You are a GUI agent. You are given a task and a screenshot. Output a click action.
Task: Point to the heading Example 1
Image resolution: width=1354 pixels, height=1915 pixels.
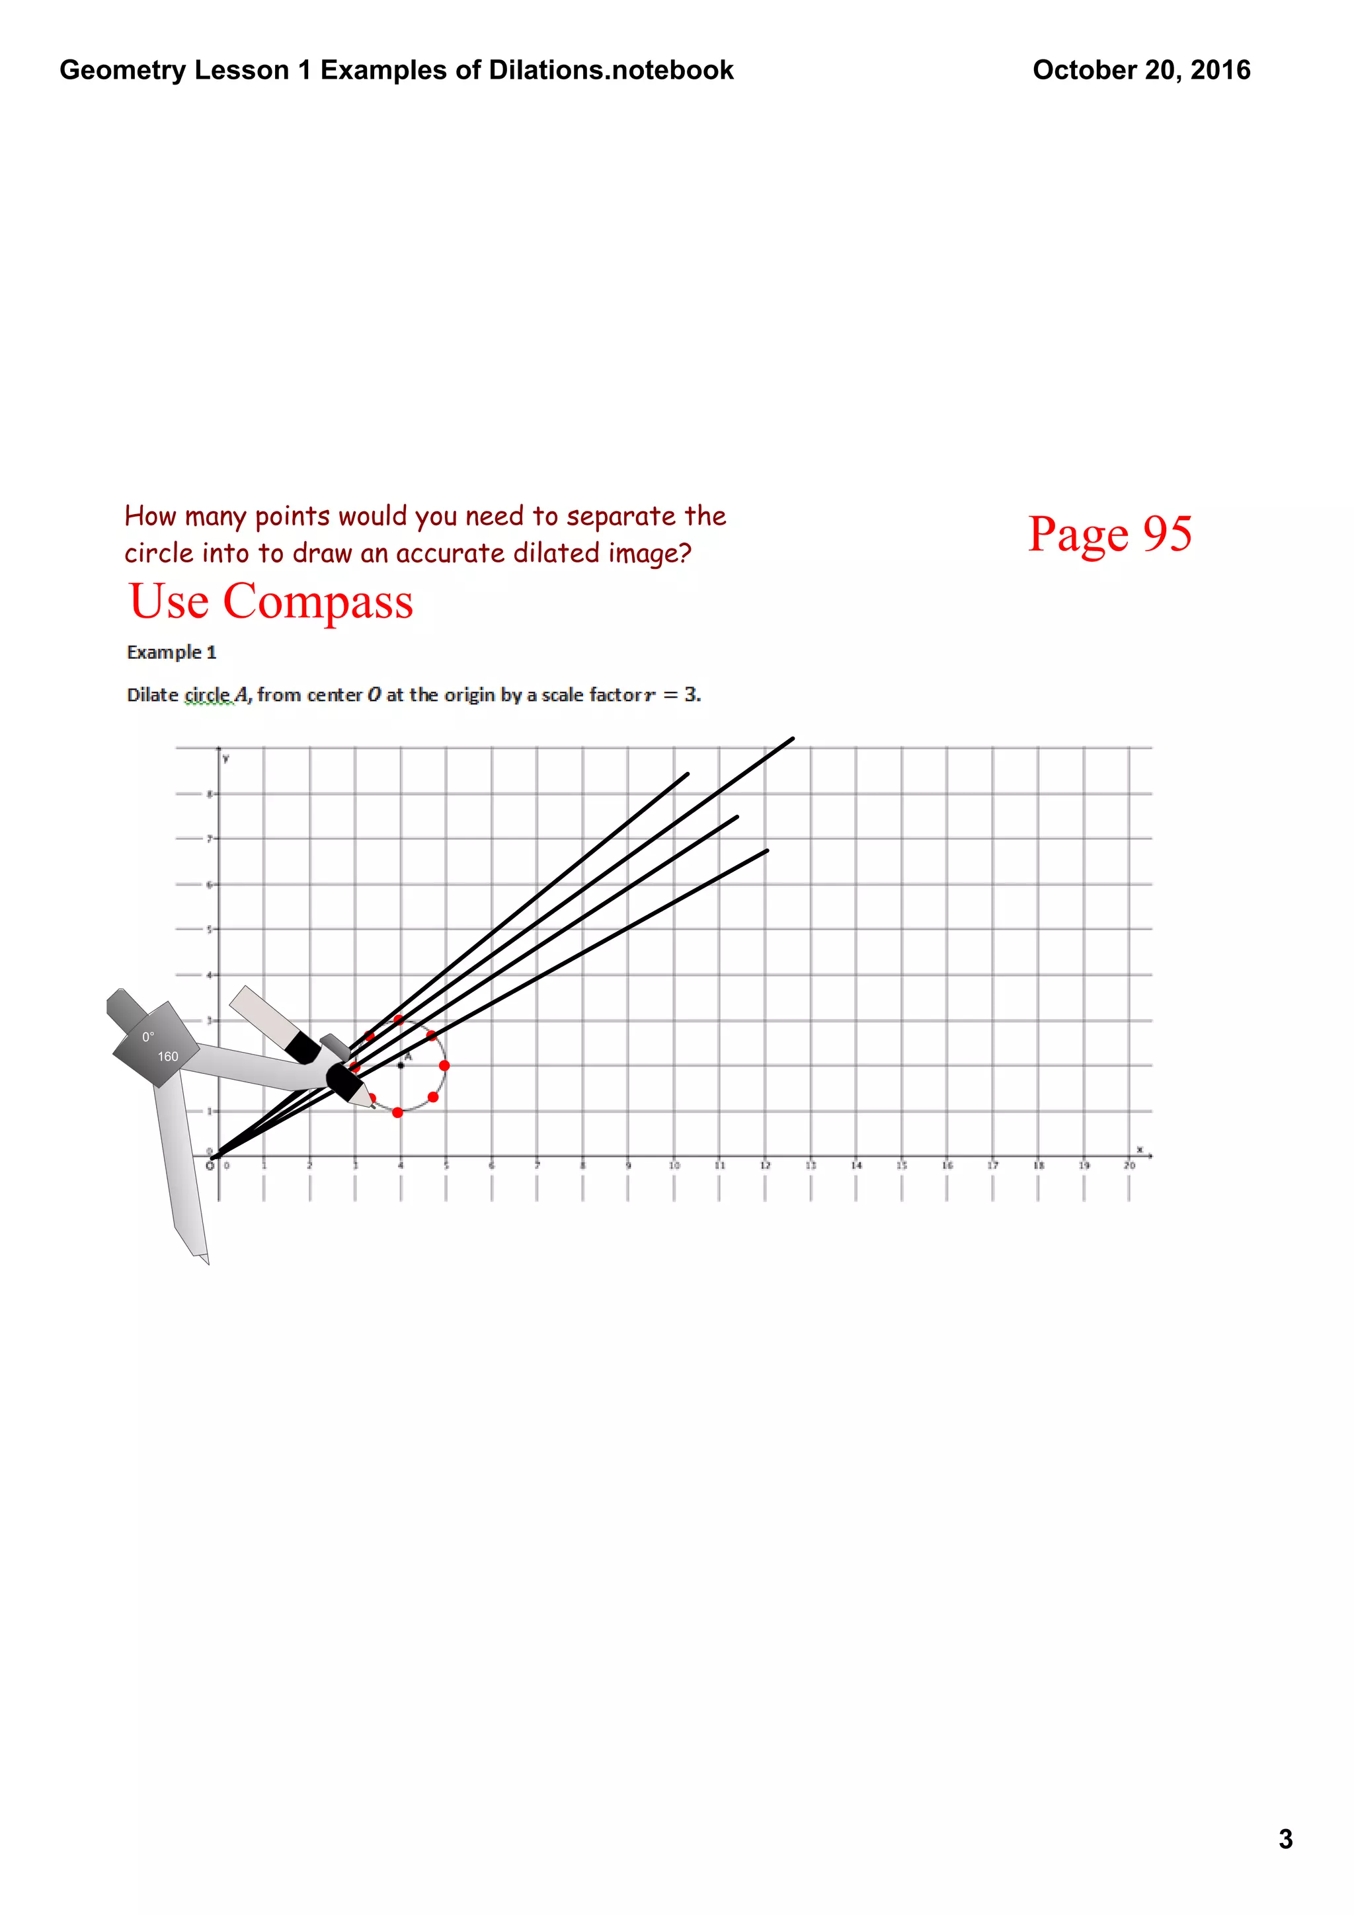click(171, 652)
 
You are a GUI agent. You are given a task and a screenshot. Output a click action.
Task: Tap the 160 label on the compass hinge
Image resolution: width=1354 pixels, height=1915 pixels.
click(168, 1057)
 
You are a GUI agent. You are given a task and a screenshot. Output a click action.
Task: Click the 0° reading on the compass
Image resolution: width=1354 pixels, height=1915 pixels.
click(147, 1037)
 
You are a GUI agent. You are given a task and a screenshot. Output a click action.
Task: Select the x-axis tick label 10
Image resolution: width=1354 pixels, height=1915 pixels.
click(674, 1165)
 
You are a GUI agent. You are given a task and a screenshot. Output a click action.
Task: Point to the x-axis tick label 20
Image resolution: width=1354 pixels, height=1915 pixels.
click(1129, 1165)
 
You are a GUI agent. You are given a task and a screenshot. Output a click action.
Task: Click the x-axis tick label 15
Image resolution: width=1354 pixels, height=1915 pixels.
click(901, 1165)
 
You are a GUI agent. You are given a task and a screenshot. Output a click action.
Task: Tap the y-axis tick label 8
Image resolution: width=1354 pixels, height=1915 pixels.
click(210, 793)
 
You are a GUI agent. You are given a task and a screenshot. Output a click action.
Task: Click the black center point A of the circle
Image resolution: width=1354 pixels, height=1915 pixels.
click(401, 1065)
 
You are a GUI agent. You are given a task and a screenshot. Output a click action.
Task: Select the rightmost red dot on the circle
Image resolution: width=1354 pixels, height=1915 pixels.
click(444, 1065)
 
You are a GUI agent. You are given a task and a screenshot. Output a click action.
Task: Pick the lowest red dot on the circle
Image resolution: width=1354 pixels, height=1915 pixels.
click(398, 1113)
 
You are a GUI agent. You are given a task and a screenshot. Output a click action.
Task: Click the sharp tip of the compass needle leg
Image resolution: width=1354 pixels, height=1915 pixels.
click(206, 1263)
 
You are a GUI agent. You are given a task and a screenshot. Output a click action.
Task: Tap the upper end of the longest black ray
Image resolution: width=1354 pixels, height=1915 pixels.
click(793, 738)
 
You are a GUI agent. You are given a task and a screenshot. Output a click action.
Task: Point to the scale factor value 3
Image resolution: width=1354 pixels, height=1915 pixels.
click(690, 694)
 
